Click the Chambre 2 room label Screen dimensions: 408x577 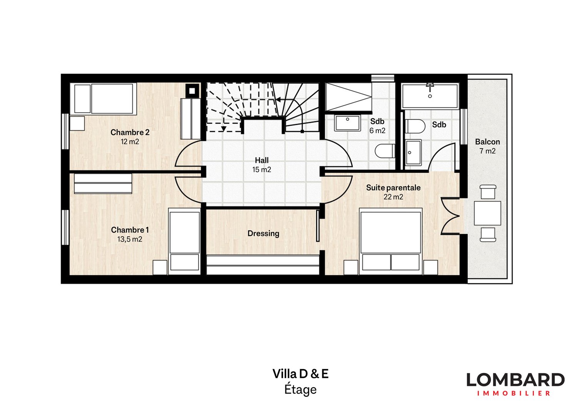click(130, 132)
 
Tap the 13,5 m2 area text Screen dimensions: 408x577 click(130, 239)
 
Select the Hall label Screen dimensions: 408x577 click(262, 160)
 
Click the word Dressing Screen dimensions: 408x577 click(263, 234)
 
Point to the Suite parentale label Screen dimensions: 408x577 click(393, 188)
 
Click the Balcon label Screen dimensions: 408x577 click(487, 142)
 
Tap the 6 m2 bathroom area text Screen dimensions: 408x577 click(377, 131)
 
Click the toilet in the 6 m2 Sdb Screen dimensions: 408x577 click(385, 151)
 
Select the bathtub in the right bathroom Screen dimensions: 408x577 click(430, 96)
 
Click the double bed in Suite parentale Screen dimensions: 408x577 click(390, 241)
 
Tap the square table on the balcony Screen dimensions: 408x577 click(487, 213)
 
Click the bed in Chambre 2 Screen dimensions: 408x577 click(104, 99)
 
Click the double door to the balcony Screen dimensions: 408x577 click(450, 216)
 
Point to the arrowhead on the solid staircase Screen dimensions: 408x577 click(278, 100)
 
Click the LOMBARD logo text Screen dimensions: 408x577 click(515, 380)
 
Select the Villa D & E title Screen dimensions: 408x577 click(300, 374)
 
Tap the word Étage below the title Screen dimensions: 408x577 click(300, 390)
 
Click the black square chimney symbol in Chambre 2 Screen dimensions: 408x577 click(192, 91)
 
